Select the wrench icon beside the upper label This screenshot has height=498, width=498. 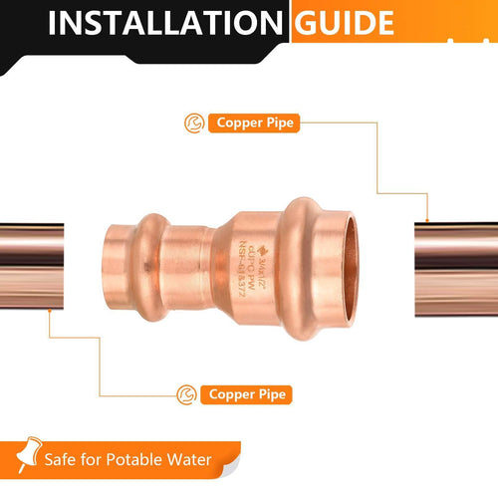pos(193,124)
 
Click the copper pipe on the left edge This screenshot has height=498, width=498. pos(31,269)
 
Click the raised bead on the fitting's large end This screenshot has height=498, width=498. pos(301,270)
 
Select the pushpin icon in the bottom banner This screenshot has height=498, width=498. pos(21,457)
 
